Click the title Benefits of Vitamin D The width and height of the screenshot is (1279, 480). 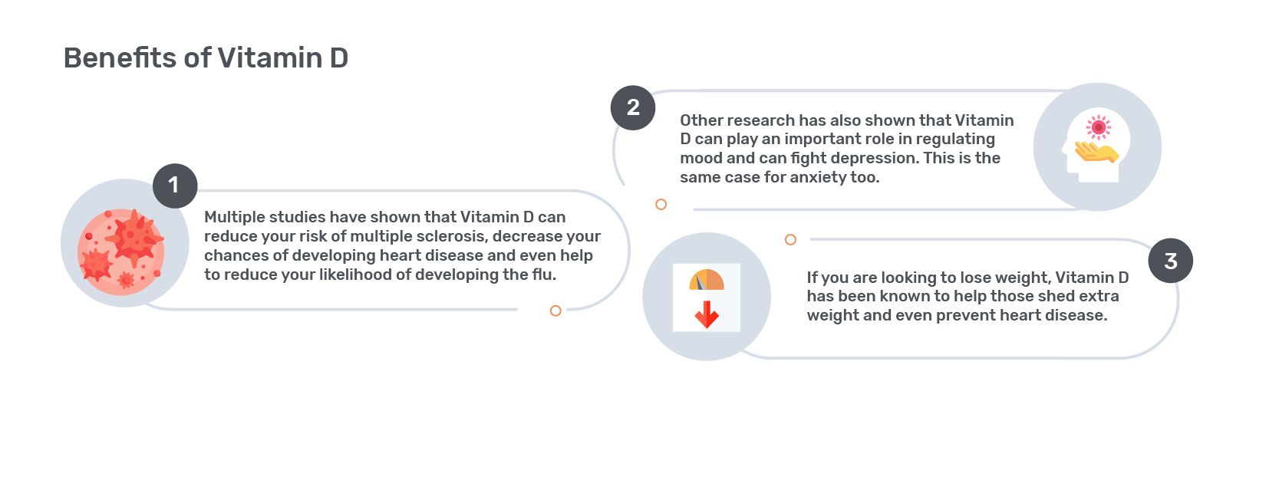click(206, 58)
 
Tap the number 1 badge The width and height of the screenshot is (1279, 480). click(175, 186)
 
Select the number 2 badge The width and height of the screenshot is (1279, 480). click(633, 108)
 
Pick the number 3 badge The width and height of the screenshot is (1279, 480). click(1171, 261)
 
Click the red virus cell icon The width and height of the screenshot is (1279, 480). click(121, 252)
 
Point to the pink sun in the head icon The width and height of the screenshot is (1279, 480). click(1099, 127)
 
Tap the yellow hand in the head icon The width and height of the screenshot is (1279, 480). click(1097, 152)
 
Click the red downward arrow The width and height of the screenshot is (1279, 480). click(707, 314)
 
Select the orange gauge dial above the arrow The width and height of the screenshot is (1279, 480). click(707, 280)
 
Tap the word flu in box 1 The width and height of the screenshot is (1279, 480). click(544, 275)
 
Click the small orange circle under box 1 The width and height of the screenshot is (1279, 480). click(555, 311)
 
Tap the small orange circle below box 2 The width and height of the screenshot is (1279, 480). click(661, 204)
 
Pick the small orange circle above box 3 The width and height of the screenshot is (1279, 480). click(790, 240)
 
